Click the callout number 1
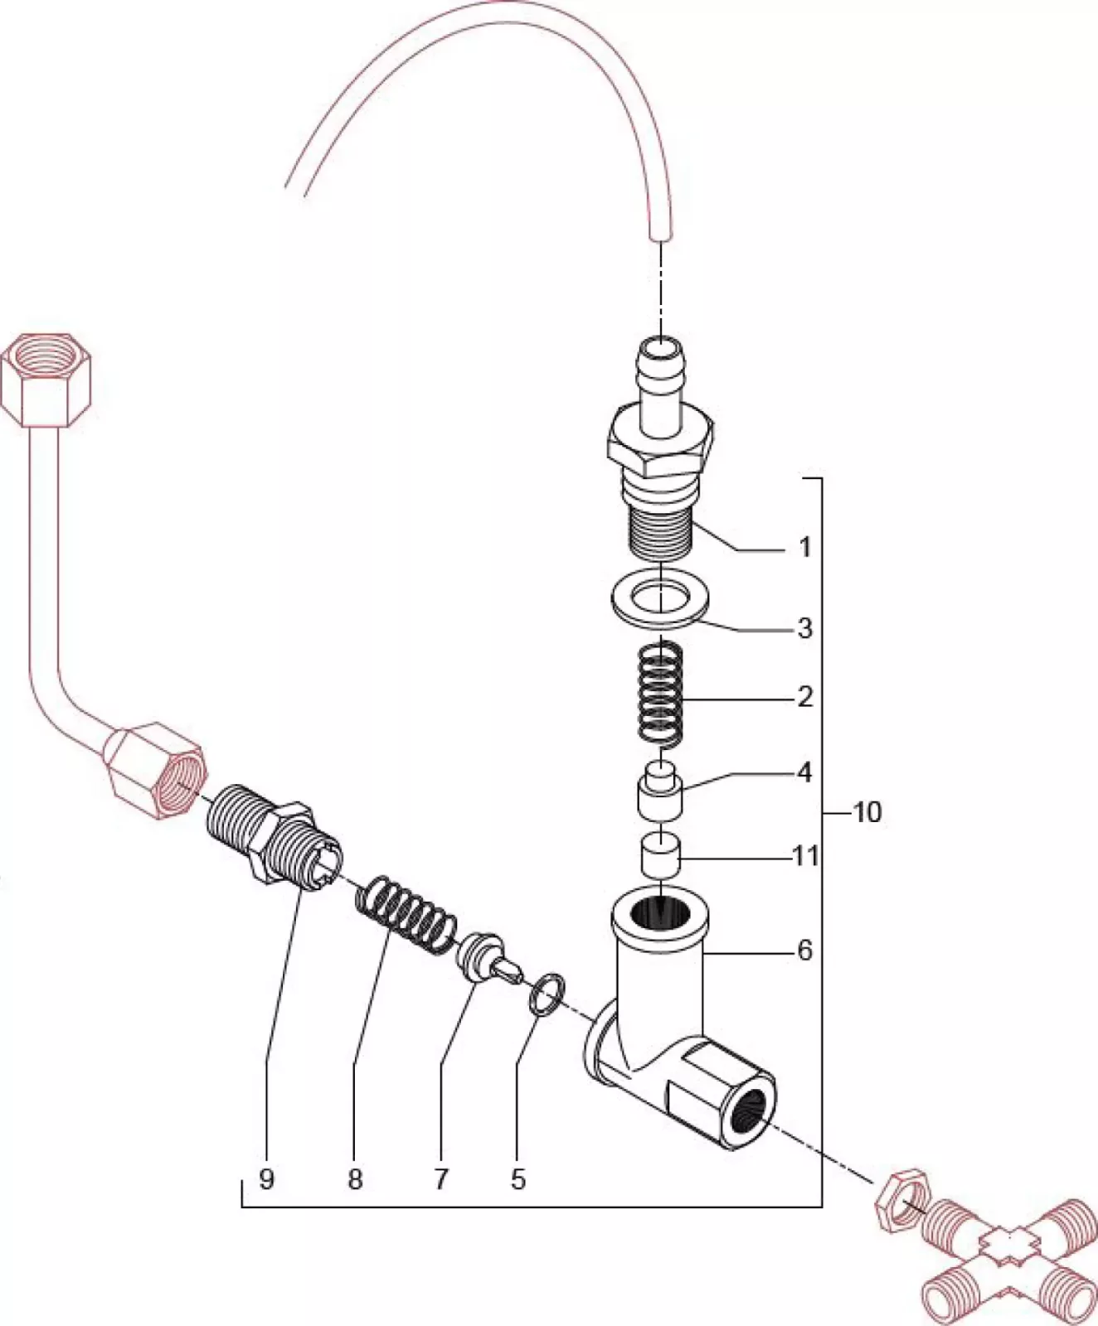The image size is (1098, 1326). click(804, 547)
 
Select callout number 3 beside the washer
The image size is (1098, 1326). click(804, 628)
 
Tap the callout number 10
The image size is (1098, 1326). click(867, 812)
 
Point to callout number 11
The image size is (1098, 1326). click(805, 855)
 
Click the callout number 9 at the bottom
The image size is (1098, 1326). click(266, 1178)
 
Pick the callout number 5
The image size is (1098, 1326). click(518, 1178)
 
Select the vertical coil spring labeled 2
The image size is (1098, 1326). click(660, 692)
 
